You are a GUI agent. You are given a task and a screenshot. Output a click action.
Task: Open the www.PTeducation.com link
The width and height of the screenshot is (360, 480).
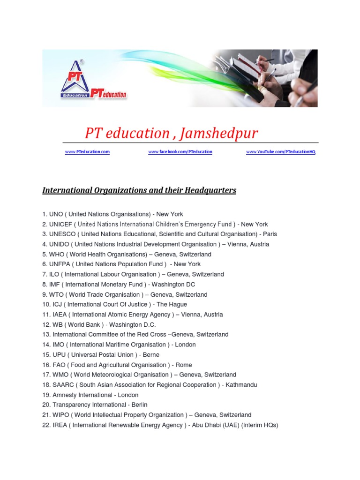[x=87, y=152]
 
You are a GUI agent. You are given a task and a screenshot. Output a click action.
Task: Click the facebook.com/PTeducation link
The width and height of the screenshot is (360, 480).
[x=180, y=152]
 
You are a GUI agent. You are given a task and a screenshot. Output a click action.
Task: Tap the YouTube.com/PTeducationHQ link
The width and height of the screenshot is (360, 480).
[x=281, y=152]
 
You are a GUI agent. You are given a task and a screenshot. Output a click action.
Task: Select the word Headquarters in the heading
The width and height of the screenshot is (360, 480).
[x=210, y=190]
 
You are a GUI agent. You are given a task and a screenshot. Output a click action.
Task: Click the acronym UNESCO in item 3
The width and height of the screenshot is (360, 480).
[x=62, y=234]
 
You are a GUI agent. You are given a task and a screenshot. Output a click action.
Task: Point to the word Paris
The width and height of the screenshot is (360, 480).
[x=270, y=234]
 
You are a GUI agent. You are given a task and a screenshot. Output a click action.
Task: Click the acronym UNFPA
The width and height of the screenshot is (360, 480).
[x=60, y=264]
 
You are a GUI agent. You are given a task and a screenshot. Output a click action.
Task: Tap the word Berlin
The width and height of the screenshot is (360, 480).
[x=139, y=405]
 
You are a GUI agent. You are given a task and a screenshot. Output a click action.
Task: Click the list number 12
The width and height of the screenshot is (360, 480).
[x=46, y=324]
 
